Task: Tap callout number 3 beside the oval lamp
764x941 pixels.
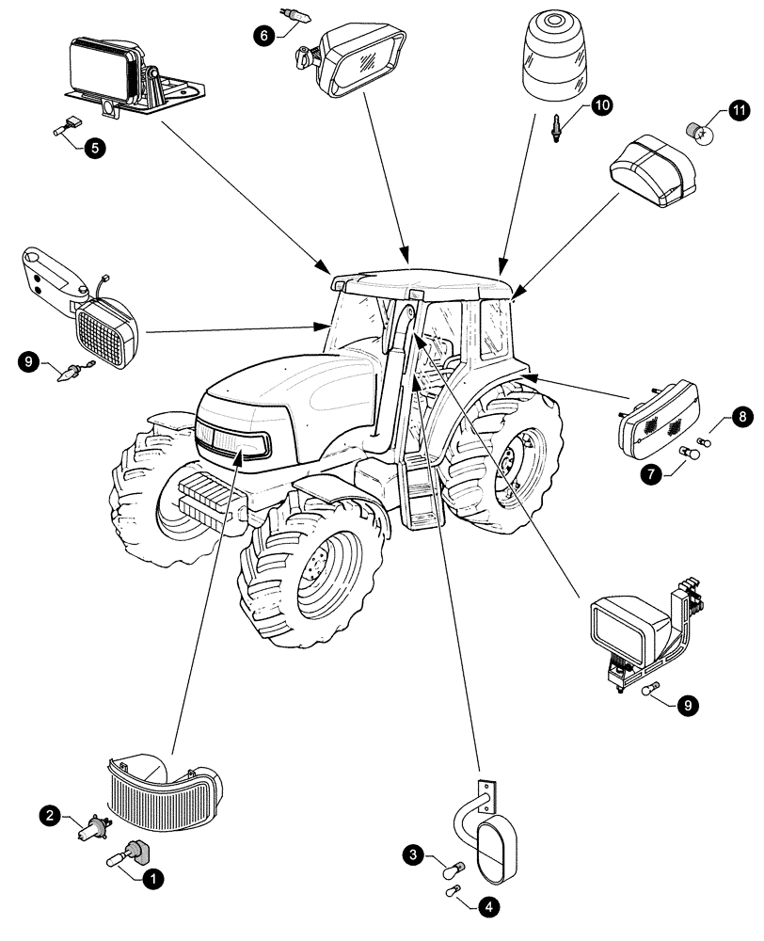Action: coord(414,854)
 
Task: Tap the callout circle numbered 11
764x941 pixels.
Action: coord(737,113)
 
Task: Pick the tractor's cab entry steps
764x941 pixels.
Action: coord(418,491)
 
